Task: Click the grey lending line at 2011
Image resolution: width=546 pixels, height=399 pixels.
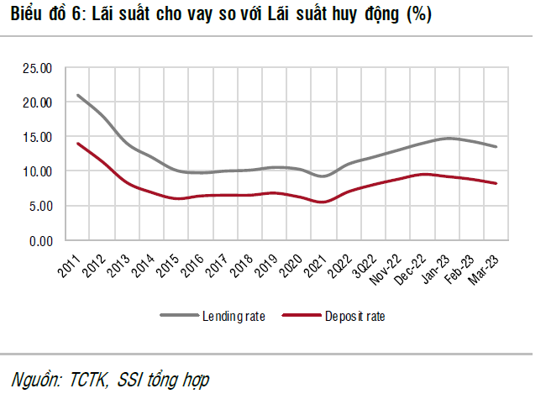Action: [x=77, y=95]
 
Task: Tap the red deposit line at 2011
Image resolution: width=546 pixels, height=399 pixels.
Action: [x=77, y=144]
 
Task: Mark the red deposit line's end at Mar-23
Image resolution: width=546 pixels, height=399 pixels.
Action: [x=496, y=183]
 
